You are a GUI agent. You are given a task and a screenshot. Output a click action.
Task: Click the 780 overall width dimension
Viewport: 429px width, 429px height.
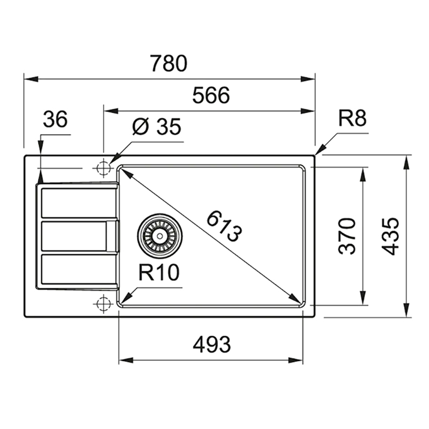click(169, 63)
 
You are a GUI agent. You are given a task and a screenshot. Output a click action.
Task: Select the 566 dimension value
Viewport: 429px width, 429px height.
click(211, 95)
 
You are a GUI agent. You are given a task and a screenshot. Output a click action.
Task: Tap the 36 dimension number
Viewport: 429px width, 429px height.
click(55, 119)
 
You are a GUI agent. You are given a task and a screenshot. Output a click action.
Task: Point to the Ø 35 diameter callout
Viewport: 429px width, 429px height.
click(157, 127)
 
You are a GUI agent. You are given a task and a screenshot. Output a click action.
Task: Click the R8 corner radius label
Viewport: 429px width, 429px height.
click(353, 118)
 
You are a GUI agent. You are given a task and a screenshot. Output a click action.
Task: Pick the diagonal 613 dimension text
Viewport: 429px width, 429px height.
click(224, 226)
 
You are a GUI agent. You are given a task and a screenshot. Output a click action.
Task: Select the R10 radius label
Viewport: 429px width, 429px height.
click(159, 272)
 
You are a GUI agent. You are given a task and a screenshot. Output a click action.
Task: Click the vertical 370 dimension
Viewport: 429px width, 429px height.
click(347, 236)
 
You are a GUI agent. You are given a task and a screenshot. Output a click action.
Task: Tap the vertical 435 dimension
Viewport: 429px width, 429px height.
click(390, 236)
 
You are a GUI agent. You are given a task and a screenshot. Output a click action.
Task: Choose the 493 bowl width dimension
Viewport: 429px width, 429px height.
click(212, 344)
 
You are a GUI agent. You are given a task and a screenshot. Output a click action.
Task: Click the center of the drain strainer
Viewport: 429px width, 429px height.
click(160, 236)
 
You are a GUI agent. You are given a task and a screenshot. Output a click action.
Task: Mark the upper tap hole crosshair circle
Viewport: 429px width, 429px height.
click(103, 168)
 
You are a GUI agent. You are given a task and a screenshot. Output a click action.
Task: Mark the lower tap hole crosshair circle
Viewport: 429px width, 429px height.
click(103, 304)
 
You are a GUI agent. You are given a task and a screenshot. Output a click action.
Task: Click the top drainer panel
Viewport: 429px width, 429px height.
click(78, 203)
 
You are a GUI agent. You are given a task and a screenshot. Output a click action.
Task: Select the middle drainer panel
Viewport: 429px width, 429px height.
click(74, 236)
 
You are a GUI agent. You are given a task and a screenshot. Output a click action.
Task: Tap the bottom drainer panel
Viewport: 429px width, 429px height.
click(78, 269)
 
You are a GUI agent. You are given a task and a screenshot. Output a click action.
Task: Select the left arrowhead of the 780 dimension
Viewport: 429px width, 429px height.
click(31, 79)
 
